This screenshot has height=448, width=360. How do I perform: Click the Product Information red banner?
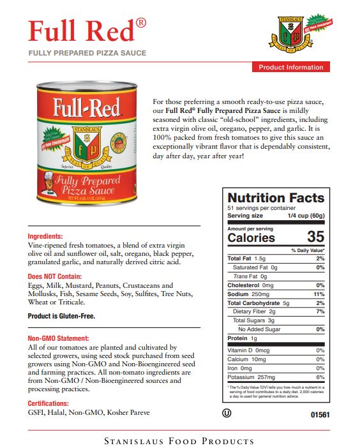[291, 67]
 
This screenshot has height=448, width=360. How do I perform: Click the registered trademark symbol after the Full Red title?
[141, 23]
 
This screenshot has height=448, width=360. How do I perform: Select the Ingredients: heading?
[45, 235]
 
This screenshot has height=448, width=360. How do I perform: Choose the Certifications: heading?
[48, 403]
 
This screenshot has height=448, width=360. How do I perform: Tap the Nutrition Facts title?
[276, 198]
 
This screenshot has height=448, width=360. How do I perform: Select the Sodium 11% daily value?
[320, 294]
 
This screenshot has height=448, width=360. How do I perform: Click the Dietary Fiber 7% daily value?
[320, 311]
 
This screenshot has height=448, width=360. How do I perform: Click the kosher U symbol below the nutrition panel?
[226, 413]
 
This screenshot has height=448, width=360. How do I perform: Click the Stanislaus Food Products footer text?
[180, 441]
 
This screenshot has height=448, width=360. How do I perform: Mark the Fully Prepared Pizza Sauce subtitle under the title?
[87, 52]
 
